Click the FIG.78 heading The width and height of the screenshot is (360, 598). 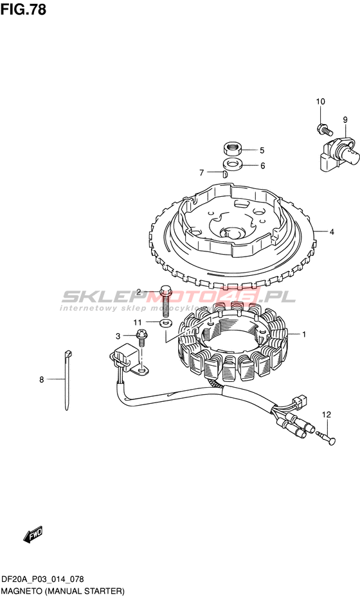point(23,9)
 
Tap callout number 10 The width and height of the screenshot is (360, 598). point(320,102)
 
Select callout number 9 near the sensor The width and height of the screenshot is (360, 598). point(345,120)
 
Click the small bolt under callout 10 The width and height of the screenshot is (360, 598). point(323,129)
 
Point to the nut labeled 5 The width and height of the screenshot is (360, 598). point(232,148)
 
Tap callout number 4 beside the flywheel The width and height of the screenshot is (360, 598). point(332,231)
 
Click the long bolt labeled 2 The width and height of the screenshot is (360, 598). point(165,302)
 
